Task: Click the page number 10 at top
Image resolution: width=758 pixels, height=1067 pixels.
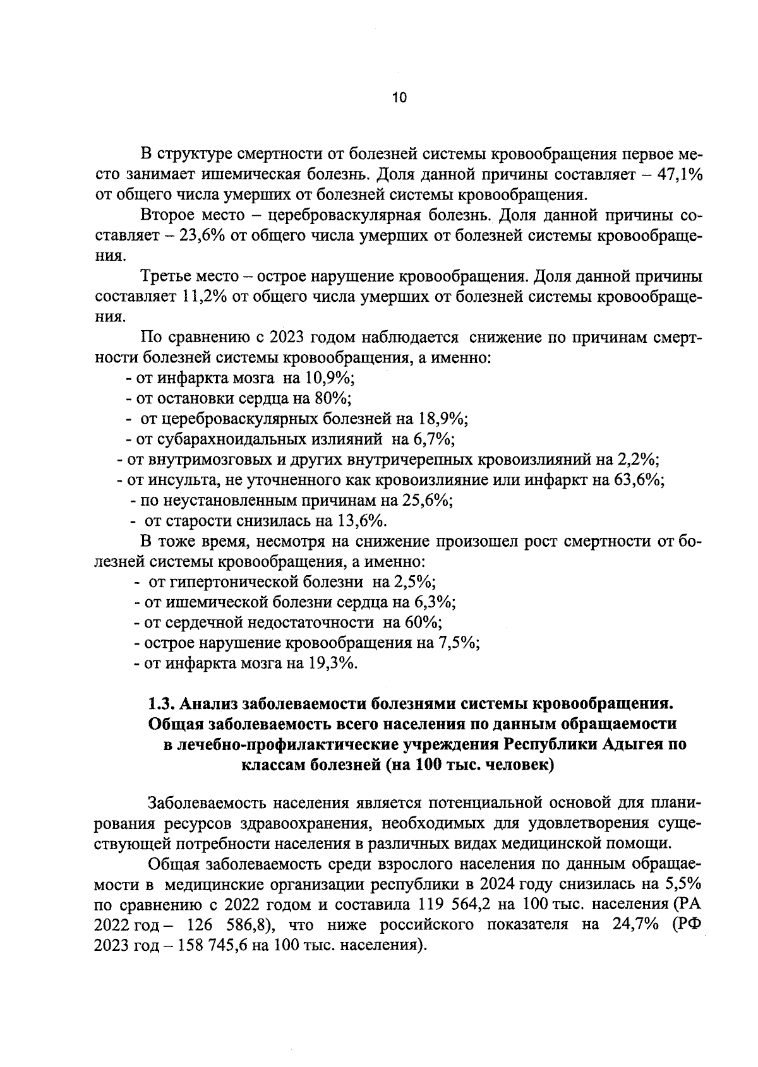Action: point(399,98)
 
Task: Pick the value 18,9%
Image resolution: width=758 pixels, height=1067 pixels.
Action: point(441,419)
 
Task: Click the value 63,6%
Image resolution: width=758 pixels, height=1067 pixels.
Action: point(637,479)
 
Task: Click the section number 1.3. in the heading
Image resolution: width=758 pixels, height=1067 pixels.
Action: point(162,703)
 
